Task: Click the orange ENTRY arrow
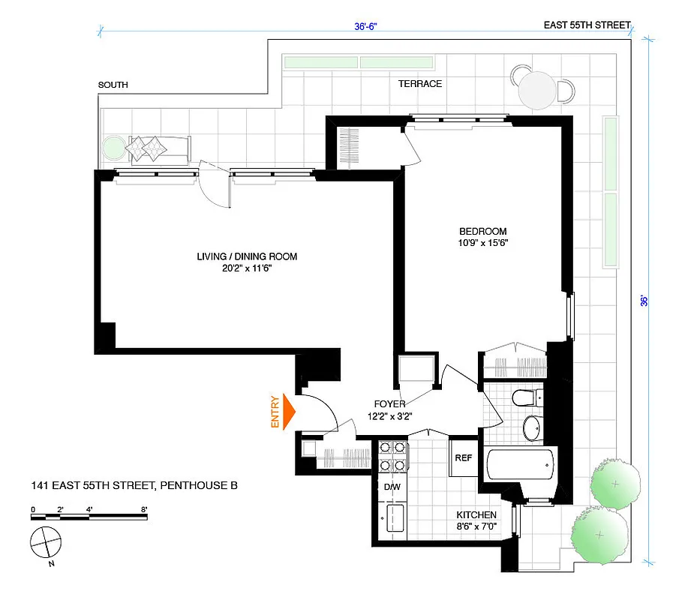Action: [x=289, y=412]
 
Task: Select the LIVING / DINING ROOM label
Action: [x=247, y=256]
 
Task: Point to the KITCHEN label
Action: [x=476, y=515]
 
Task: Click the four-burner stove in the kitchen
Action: [x=393, y=455]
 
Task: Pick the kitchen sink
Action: [x=393, y=519]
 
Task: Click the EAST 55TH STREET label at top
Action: [x=587, y=25]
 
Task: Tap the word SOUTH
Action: [x=113, y=85]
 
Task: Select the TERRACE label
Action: [x=420, y=83]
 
